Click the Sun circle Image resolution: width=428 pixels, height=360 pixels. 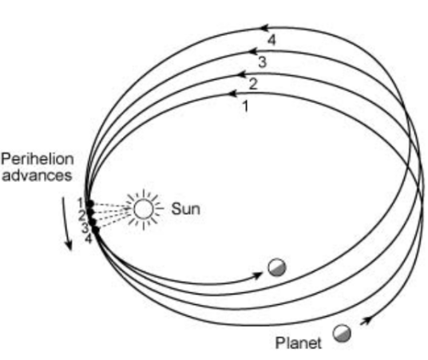(x=144, y=209)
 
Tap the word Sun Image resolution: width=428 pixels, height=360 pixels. (x=185, y=209)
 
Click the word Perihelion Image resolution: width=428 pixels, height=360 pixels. (x=38, y=159)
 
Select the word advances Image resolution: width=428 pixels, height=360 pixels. (x=37, y=176)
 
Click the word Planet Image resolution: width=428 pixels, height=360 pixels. (x=299, y=342)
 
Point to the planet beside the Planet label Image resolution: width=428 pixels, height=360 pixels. (x=342, y=333)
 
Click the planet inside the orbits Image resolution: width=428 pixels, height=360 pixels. (x=277, y=267)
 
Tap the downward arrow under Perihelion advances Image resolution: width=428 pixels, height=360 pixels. (x=67, y=224)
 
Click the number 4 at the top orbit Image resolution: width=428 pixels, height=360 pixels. (x=271, y=40)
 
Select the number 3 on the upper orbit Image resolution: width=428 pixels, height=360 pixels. (x=262, y=62)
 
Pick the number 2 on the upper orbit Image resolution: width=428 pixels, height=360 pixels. (x=253, y=84)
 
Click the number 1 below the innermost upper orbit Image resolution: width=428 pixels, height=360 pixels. (x=246, y=106)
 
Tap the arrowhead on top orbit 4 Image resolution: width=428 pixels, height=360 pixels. (x=264, y=28)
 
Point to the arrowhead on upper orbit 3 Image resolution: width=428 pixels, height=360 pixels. (x=253, y=51)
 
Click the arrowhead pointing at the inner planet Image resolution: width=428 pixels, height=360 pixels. (x=257, y=275)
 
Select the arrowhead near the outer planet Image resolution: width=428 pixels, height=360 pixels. (x=367, y=320)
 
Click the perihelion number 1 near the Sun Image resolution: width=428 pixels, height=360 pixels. (x=81, y=204)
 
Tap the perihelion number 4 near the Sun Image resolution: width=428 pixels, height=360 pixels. (x=89, y=239)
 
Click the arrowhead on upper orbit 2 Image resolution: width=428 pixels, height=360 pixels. (x=243, y=73)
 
